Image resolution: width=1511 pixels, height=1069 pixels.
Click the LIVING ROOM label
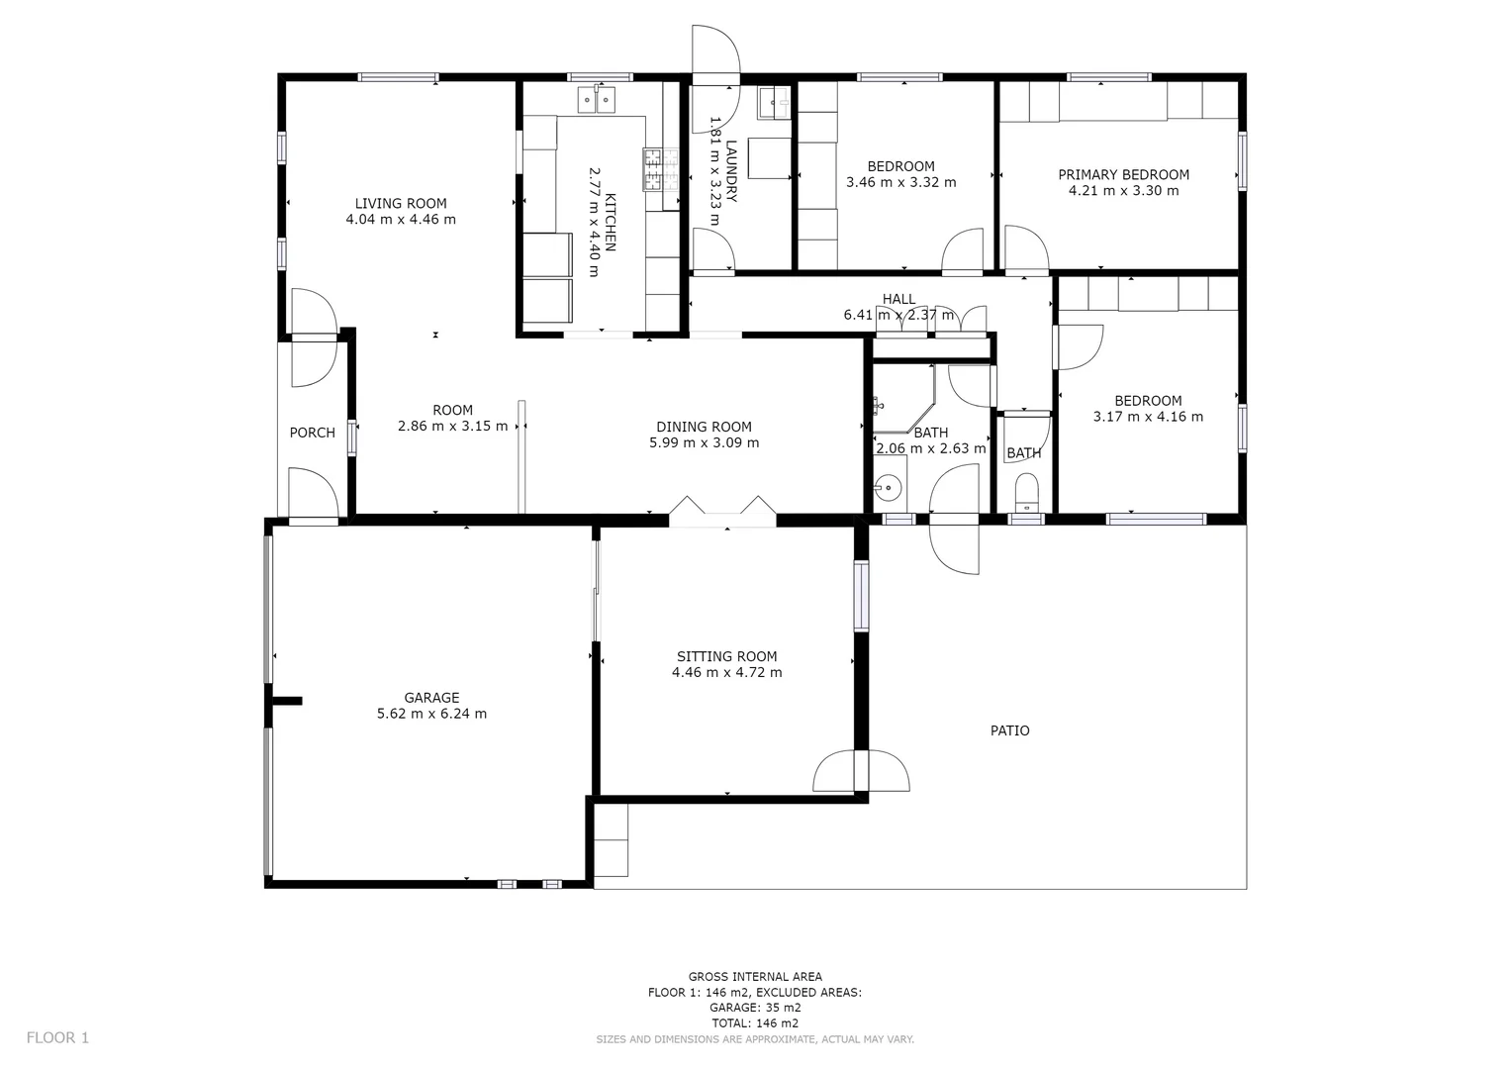[x=401, y=204]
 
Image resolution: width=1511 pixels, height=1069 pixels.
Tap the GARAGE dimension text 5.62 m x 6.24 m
[x=431, y=714]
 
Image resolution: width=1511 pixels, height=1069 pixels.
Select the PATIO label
[x=1009, y=730]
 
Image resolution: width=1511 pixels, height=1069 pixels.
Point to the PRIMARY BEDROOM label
[x=1123, y=174]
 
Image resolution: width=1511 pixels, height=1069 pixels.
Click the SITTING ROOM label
[x=726, y=656]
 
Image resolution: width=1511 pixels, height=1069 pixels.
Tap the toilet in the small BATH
[x=1027, y=490]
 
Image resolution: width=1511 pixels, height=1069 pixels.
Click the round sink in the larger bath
[x=888, y=488]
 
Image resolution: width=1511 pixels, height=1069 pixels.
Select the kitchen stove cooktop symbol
[x=653, y=169]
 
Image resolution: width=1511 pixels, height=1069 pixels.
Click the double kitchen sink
[x=597, y=100]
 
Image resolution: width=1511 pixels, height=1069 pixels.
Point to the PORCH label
[x=312, y=433]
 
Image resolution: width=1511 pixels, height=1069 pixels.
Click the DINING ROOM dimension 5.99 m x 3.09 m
[x=704, y=442]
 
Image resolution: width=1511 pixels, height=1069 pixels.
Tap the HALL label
[x=898, y=299]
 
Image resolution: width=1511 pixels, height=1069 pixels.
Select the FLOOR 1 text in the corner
[x=57, y=1037]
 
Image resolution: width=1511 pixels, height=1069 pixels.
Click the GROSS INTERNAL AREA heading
[x=755, y=976]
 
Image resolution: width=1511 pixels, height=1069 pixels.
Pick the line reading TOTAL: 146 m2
[x=755, y=1023]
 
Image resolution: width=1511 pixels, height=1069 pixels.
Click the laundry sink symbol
[x=774, y=99]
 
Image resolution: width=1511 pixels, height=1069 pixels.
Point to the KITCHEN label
[x=611, y=222]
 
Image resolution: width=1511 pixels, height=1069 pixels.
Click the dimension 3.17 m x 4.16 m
[x=1148, y=417]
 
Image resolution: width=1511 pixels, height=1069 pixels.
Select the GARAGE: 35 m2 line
[x=755, y=1008]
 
